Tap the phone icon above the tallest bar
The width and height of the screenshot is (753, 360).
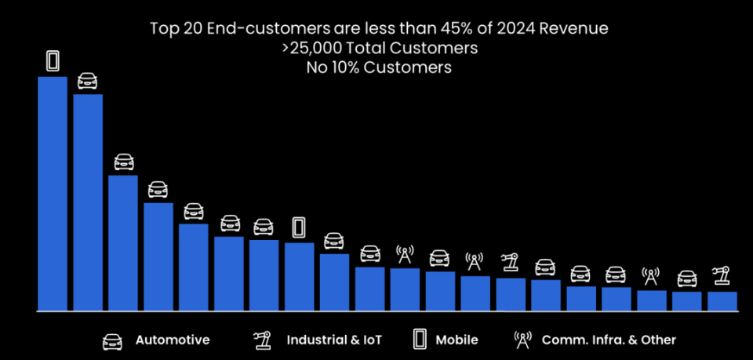click(x=53, y=60)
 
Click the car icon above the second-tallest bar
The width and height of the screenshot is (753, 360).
click(x=88, y=81)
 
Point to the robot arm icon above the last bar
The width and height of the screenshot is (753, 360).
click(x=722, y=276)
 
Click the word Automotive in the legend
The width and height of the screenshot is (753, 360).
click(x=173, y=340)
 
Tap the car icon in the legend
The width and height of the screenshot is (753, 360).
click(x=112, y=340)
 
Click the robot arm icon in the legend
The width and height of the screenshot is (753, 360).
click(x=260, y=340)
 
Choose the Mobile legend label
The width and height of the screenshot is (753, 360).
click(x=457, y=340)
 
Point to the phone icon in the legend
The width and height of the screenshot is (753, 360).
click(x=420, y=340)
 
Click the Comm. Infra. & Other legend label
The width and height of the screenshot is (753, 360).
click(x=609, y=340)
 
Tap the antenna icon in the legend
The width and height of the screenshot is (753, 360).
click(x=522, y=340)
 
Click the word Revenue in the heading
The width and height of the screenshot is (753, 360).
click(x=576, y=29)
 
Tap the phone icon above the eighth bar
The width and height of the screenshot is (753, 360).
click(x=299, y=227)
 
